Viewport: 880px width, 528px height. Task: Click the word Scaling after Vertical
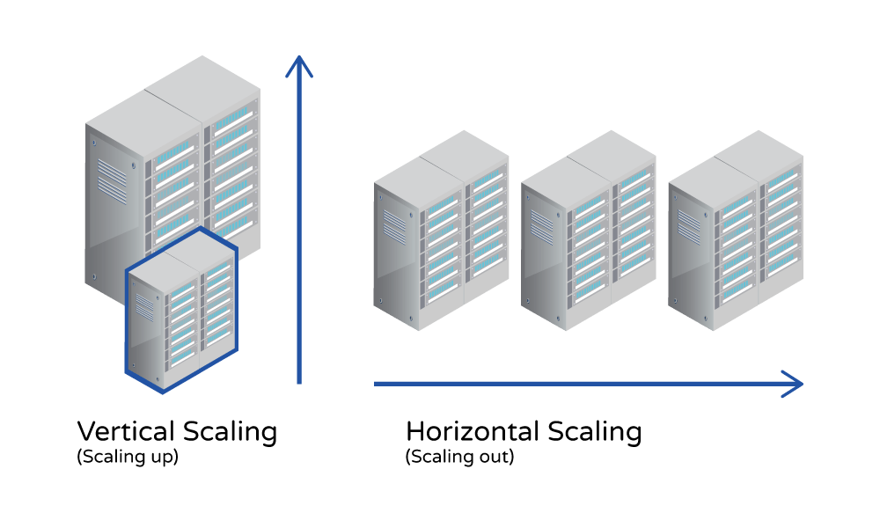tap(230, 432)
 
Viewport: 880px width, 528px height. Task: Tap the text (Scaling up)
tap(128, 458)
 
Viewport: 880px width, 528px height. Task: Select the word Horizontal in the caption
tap(472, 432)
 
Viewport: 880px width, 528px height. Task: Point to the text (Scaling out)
tap(459, 458)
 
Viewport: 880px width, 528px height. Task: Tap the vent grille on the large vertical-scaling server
tap(112, 180)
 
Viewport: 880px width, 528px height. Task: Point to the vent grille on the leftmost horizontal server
tap(393, 224)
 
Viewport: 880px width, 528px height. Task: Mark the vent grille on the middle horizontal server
tap(541, 224)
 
